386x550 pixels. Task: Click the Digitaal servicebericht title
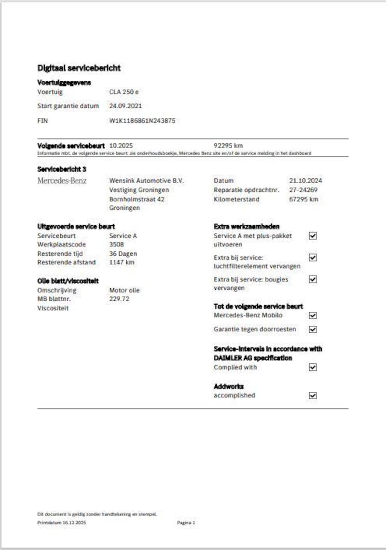(79, 68)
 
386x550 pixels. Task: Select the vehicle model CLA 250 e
(124, 92)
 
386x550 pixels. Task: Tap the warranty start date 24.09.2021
(125, 106)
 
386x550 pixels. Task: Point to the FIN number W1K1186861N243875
(142, 121)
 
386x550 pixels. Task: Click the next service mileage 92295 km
(228, 146)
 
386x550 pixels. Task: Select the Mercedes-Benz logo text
(62, 181)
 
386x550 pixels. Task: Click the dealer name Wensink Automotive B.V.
(146, 181)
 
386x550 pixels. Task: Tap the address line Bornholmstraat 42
(137, 199)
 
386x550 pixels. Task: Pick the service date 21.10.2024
(305, 181)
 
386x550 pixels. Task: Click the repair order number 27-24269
(303, 190)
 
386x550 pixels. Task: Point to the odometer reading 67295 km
(303, 199)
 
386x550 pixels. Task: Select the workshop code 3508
(116, 244)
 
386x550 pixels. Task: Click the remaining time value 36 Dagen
(123, 254)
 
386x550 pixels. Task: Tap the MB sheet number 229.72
(119, 299)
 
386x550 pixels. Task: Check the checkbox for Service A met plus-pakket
(313, 236)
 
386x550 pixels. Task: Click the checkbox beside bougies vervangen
(313, 279)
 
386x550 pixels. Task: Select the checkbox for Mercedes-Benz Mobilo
(313, 315)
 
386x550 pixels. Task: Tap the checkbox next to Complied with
(313, 367)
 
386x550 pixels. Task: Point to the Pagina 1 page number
(186, 523)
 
